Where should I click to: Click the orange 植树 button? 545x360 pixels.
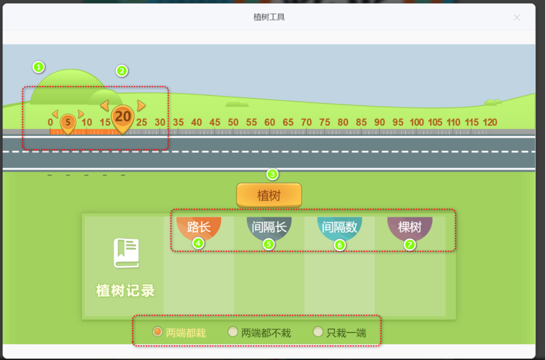(269, 195)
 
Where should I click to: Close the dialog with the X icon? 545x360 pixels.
(517, 18)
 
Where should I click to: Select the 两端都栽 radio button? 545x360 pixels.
(157, 332)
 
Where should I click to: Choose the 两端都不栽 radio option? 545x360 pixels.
(233, 332)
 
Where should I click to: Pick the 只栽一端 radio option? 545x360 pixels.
(318, 332)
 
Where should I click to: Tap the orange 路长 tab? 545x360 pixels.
(199, 227)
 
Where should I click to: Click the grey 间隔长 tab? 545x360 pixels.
(269, 227)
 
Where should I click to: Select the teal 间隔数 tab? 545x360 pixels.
(340, 227)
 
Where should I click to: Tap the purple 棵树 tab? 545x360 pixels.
(409, 227)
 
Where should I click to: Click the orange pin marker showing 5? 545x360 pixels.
(68, 123)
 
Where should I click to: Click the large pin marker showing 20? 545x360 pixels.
(123, 117)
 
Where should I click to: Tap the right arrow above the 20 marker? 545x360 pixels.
(141, 106)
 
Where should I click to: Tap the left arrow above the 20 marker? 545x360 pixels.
(104, 106)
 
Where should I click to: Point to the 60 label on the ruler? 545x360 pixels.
(270, 122)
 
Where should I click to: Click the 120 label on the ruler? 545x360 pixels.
(489, 122)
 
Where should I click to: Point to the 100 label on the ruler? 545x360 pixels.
(417, 122)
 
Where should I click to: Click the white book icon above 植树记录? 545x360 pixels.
(126, 253)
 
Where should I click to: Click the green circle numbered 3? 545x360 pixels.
(272, 175)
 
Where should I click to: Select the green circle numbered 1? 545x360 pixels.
(38, 67)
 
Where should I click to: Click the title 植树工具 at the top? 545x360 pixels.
(269, 17)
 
